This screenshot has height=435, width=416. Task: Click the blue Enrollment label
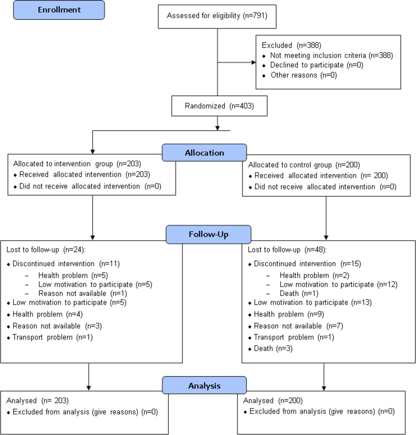(x=59, y=10)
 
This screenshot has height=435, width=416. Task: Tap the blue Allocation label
(x=204, y=153)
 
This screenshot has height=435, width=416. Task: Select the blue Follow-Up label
(x=208, y=234)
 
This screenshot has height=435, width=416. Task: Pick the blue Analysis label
(x=204, y=386)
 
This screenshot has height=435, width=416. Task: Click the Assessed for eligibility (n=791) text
(x=217, y=16)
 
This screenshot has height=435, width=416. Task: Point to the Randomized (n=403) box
(x=219, y=106)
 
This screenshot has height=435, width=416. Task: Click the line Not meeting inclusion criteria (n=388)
(x=331, y=55)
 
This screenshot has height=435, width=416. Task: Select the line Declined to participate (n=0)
(x=316, y=65)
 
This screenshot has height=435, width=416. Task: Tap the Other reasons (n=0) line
(x=304, y=75)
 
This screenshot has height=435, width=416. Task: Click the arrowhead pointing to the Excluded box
(x=254, y=63)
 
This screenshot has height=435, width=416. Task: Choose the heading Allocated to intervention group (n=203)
(x=77, y=164)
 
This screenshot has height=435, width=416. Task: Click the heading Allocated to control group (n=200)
(x=304, y=165)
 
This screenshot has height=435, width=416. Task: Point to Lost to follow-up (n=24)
(x=46, y=250)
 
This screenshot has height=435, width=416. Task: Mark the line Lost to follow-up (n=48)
(x=287, y=250)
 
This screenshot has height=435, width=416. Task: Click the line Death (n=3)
(x=273, y=348)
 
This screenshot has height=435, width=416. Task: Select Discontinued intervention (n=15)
(x=307, y=264)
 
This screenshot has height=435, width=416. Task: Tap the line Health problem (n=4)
(x=48, y=314)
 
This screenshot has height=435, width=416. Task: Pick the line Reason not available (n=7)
(x=298, y=326)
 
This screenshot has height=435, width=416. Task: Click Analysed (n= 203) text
(x=37, y=401)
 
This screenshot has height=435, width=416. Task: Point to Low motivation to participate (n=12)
(x=339, y=284)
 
